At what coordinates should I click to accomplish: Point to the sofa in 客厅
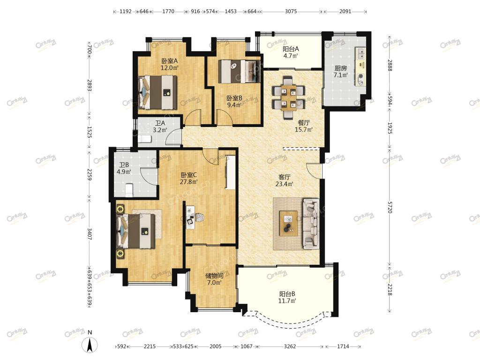(x=311, y=223)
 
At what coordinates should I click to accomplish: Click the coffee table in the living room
(x=288, y=223)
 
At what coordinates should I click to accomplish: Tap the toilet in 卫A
(x=145, y=139)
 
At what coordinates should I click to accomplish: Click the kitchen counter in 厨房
(x=360, y=66)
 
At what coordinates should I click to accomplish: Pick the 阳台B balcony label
(x=287, y=294)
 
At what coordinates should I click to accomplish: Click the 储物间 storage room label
(x=214, y=276)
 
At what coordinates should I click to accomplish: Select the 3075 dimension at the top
(x=291, y=11)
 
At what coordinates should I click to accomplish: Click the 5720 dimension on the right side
(x=390, y=207)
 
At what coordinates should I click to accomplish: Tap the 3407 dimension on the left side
(x=90, y=234)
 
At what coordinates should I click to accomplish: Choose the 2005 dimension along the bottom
(x=216, y=346)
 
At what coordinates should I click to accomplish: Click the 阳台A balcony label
(x=291, y=49)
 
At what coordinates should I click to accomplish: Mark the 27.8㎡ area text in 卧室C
(x=188, y=182)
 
